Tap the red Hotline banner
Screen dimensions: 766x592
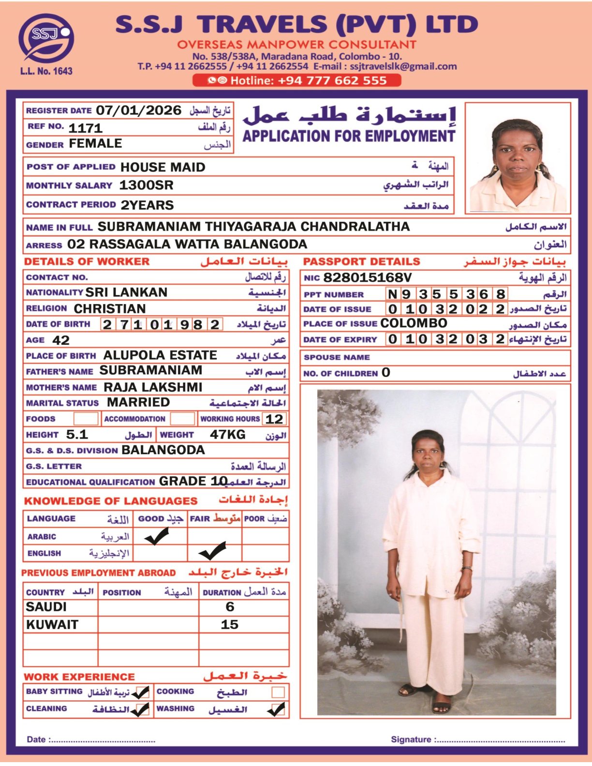point(297,80)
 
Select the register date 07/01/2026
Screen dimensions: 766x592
point(138,110)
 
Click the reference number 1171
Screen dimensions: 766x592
point(86,128)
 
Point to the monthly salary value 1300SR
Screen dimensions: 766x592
point(146,185)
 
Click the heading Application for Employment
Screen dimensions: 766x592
point(349,136)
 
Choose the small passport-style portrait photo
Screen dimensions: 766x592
point(518,158)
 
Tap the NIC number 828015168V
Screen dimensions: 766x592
point(368,278)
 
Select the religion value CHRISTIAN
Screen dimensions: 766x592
point(110,309)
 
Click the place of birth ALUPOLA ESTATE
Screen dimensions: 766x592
point(160,355)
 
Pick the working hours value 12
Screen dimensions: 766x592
point(274,419)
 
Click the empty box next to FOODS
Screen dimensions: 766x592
point(86,419)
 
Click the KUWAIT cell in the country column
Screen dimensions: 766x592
point(52,625)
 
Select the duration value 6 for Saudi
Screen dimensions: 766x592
point(230,607)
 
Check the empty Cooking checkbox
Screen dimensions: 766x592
point(278,692)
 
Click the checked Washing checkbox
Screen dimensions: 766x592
point(276,709)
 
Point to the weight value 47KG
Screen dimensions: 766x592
point(227,435)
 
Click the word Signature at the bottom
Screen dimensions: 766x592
point(411,739)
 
